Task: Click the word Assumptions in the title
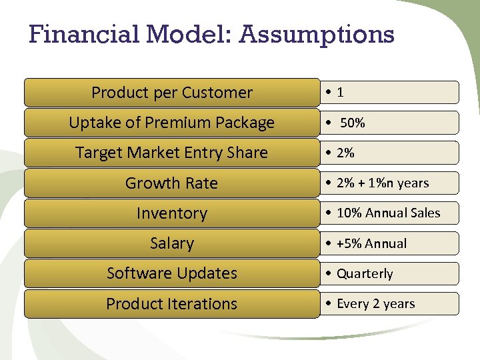pos(317,34)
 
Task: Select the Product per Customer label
pos(172,93)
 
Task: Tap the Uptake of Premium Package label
pos(172,123)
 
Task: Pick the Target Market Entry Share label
pos(172,153)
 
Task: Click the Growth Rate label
pos(172,183)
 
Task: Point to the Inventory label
pos(172,213)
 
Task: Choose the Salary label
pos(172,243)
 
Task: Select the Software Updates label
pos(172,273)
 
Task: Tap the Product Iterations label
pos(172,304)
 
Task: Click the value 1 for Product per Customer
pos(341,93)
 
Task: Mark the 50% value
pos(353,123)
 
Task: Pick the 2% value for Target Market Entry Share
pos(345,153)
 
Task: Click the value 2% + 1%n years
pos(383,183)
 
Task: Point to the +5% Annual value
pos(371,243)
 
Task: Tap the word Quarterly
pos(365,274)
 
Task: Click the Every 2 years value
pos(375,304)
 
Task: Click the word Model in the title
pos(181,34)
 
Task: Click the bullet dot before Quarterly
pos(331,274)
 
